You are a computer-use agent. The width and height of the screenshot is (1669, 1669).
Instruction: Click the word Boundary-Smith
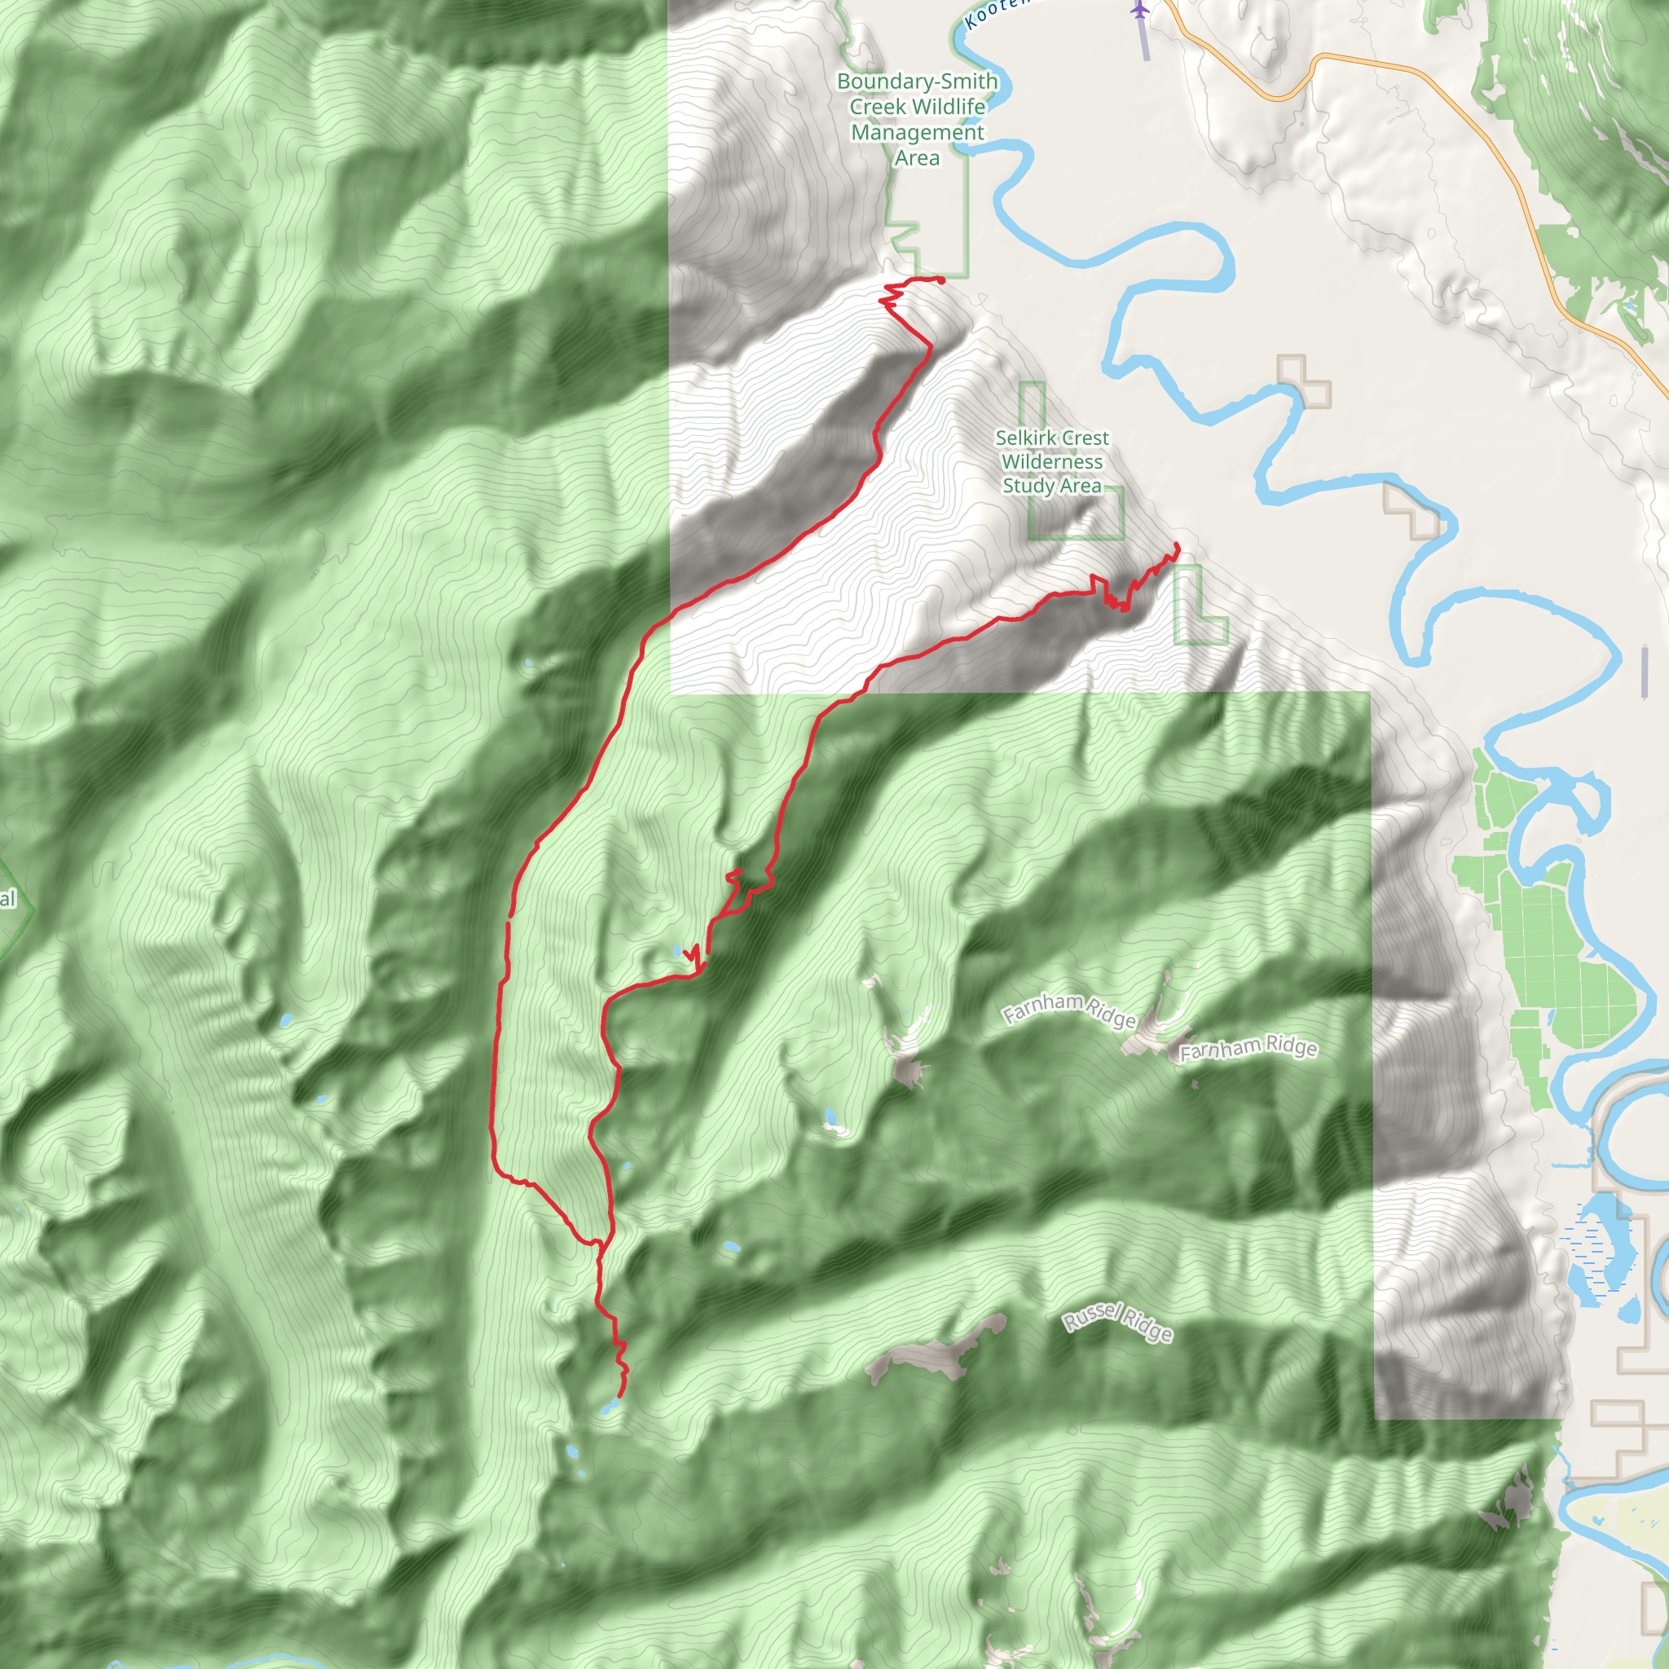pyautogui.click(x=917, y=81)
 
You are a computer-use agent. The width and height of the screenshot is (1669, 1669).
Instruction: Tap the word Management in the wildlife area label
pyautogui.click(x=917, y=132)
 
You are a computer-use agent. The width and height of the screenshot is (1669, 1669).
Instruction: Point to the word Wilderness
pyautogui.click(x=1051, y=461)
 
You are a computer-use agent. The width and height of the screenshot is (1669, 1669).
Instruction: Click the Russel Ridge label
pyautogui.click(x=1117, y=1323)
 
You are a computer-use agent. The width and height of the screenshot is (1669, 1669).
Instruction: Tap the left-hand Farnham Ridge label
pyautogui.click(x=1068, y=1010)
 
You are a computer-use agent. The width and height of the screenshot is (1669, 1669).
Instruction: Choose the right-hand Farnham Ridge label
pyautogui.click(x=1248, y=1048)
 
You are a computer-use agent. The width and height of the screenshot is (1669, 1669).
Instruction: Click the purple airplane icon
pyautogui.click(x=1140, y=11)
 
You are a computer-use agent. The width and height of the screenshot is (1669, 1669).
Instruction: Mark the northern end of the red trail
pyautogui.click(x=940, y=279)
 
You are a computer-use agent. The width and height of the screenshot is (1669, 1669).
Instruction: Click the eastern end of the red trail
pyautogui.click(x=1177, y=545)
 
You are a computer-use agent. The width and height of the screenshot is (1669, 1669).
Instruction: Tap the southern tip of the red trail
pyautogui.click(x=619, y=1394)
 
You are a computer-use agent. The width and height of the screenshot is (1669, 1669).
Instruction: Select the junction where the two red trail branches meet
pyautogui.click(x=598, y=1244)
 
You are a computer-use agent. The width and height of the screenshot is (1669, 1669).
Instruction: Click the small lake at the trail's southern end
pyautogui.click(x=609, y=1408)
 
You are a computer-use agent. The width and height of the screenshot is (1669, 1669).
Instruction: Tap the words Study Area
pyautogui.click(x=1051, y=486)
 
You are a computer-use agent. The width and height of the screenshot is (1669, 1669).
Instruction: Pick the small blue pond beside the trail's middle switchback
pyautogui.click(x=677, y=951)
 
